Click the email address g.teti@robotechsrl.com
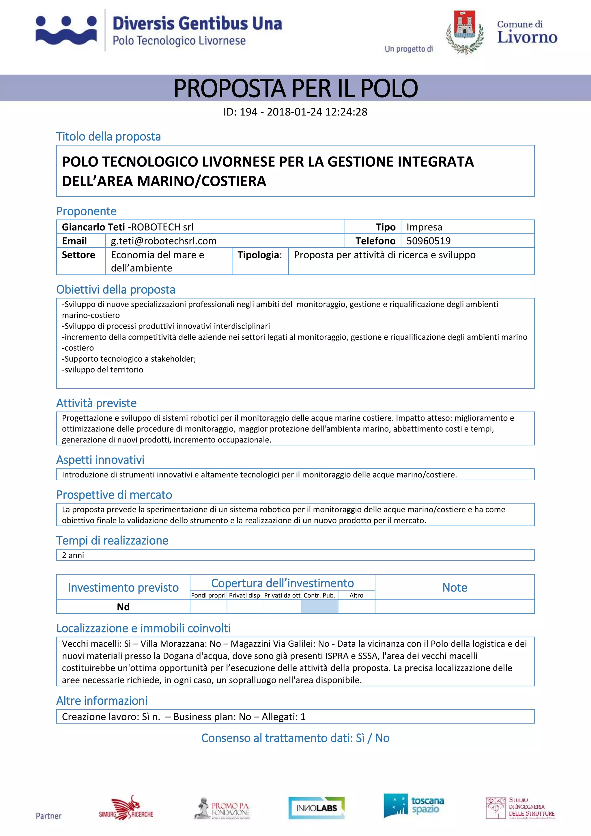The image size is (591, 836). pos(164,241)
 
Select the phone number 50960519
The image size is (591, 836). pos(428,241)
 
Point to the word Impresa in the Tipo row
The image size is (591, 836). pos(424,227)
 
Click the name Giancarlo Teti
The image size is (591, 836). pos(93,227)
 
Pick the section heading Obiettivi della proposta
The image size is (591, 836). pos(116,290)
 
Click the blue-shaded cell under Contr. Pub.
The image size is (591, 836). pos(319,607)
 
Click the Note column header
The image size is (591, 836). pos(455,587)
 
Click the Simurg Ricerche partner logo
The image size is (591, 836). pos(126,808)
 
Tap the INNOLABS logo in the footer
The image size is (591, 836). pos(316,808)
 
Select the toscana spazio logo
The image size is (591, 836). pos(414,805)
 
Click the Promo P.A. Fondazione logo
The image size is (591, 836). pos(222,809)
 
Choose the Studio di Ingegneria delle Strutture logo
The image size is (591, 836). pos(520,808)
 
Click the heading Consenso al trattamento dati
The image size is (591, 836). pos(295,738)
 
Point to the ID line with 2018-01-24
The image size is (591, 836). pos(295,112)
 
